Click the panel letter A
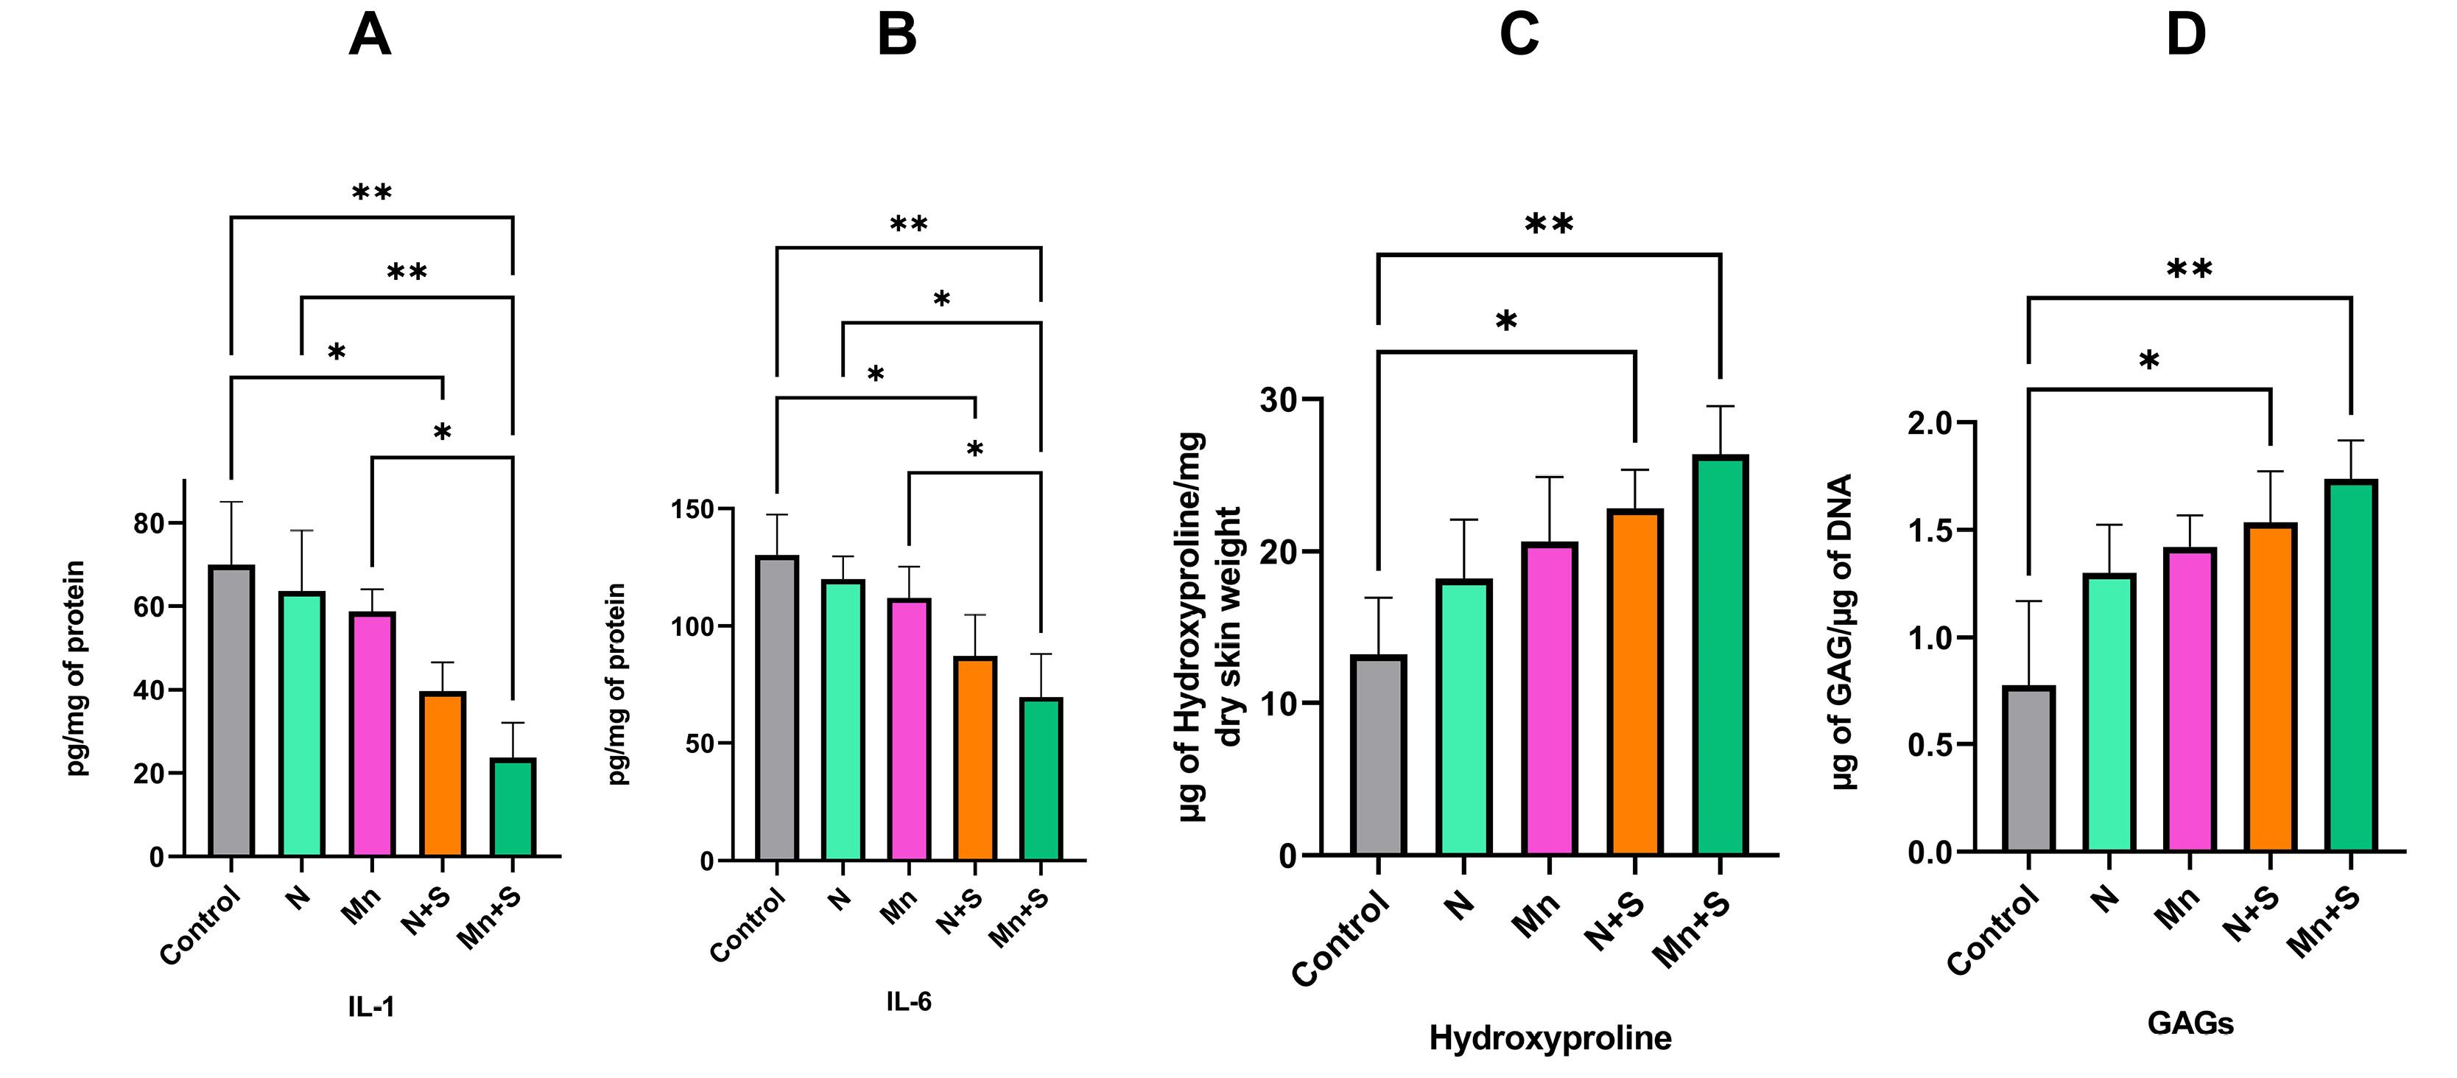point(370,35)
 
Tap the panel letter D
point(2186,35)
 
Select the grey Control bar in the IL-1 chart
point(231,711)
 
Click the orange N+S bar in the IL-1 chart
point(443,774)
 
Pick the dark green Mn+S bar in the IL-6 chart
point(1041,780)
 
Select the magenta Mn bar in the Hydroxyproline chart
point(1550,699)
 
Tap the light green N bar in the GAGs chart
point(2109,713)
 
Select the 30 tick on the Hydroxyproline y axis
point(1278,399)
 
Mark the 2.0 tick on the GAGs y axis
point(1930,423)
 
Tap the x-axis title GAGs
point(2190,1023)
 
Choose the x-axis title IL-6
point(908,1001)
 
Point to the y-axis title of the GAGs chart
point(1843,631)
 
